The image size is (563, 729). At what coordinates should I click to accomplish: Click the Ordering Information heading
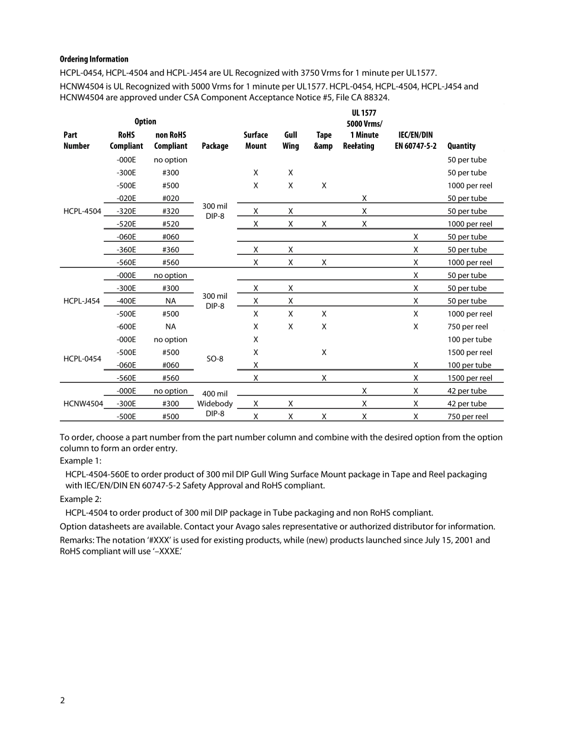point(94,59)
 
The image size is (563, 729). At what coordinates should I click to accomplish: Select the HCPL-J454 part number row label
point(81,301)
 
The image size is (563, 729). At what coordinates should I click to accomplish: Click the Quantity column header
point(462,146)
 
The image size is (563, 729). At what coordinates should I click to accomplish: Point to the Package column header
point(215,146)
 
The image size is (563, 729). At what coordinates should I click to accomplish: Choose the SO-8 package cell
point(215,359)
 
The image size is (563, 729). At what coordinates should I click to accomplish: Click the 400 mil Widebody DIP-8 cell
point(215,404)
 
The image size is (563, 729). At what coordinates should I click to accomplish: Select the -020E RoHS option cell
point(126,199)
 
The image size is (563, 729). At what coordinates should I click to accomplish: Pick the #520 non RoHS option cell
point(171,224)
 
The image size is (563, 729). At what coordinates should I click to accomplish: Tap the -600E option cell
point(126,327)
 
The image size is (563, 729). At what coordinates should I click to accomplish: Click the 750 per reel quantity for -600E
point(468,327)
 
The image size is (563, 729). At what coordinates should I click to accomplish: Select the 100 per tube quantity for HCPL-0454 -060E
point(469,365)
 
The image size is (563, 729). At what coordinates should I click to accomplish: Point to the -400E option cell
point(126,301)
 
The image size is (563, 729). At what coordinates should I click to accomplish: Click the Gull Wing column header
point(290,140)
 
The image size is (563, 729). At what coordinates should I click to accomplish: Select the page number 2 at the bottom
point(63,701)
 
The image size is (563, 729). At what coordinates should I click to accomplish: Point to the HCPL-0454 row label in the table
point(81,359)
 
